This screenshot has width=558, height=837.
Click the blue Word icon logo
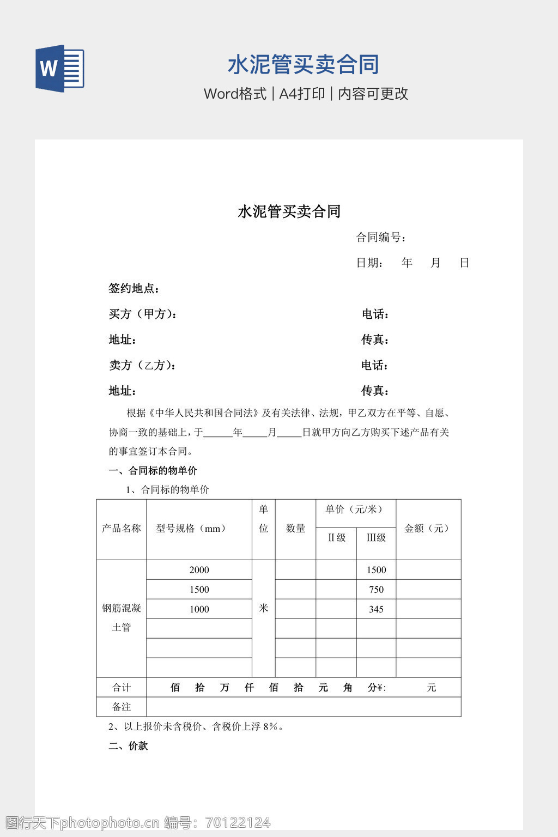pyautogui.click(x=59, y=69)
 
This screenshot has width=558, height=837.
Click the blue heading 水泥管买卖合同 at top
pyautogui.click(x=303, y=64)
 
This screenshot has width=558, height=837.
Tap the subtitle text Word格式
pyautogui.click(x=235, y=94)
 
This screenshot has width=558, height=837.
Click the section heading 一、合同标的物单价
pyautogui.click(x=153, y=470)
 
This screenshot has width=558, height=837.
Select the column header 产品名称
pyautogui.click(x=121, y=528)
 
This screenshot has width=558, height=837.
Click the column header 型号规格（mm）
pyautogui.click(x=191, y=528)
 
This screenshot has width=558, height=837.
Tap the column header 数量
pyautogui.click(x=295, y=528)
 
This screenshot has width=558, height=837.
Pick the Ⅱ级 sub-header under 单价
pyautogui.click(x=336, y=537)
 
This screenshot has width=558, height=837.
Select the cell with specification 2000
pyautogui.click(x=199, y=570)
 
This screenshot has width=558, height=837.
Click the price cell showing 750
pyautogui.click(x=376, y=590)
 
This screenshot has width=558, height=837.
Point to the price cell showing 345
pyautogui.click(x=376, y=609)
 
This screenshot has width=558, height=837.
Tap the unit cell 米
pyautogui.click(x=263, y=608)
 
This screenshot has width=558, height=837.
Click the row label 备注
pyautogui.click(x=121, y=707)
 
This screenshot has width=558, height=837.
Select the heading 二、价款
pyautogui.click(x=128, y=746)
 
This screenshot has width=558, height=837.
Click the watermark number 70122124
pyautogui.click(x=238, y=822)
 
